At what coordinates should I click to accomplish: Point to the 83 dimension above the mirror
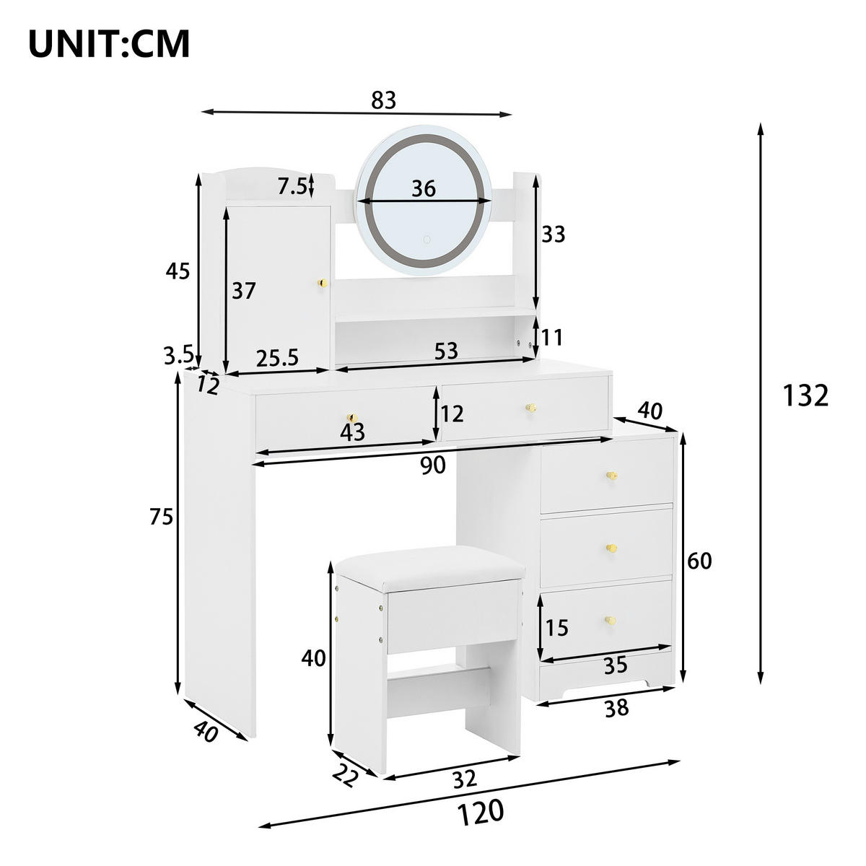click(x=384, y=100)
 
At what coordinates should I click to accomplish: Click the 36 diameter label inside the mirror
click(x=424, y=188)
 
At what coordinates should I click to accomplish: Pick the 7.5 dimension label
click(x=292, y=186)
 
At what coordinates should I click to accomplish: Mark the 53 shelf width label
click(x=447, y=351)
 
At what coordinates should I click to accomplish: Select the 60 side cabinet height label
click(x=699, y=560)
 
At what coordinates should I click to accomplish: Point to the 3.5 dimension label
click(x=178, y=354)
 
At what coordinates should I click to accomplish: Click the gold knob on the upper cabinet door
click(x=323, y=282)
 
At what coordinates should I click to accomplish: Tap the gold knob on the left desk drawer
click(x=352, y=418)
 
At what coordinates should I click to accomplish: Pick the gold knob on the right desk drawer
click(x=530, y=408)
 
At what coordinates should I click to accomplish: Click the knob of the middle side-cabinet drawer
click(x=612, y=548)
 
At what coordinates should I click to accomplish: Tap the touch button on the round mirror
click(x=427, y=239)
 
